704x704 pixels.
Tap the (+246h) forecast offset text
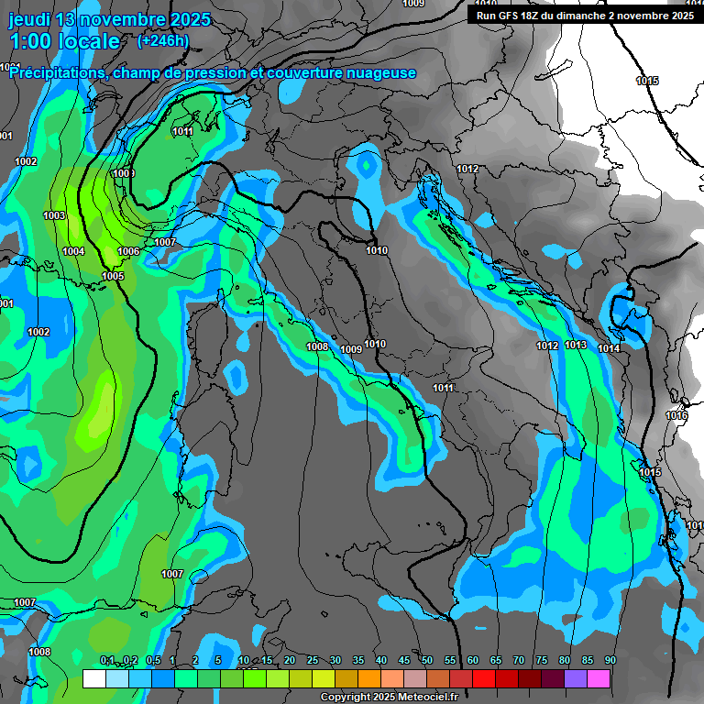pos(162,40)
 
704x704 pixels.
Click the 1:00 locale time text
pos(64,41)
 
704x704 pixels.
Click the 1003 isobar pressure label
pos(54,215)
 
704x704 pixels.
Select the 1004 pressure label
pos(74,251)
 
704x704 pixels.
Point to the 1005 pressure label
pos(113,276)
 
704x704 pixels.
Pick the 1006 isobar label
pos(128,251)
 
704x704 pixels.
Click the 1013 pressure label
pos(576,345)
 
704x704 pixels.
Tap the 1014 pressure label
pos(609,348)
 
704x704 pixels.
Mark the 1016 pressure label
pos(676,415)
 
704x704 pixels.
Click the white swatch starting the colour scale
pos(93,679)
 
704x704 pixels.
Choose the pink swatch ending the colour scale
pos(599,679)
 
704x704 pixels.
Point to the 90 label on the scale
pos(610,661)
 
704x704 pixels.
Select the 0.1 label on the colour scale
pos(106,661)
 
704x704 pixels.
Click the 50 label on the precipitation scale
pos(427,661)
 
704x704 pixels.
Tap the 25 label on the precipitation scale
pos(312,661)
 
